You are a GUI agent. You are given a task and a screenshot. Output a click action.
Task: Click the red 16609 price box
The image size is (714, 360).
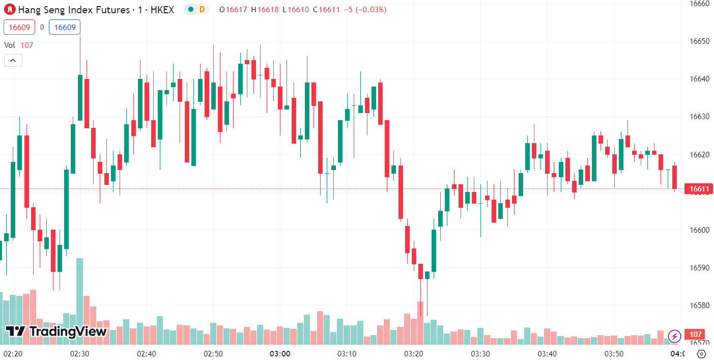[19, 27]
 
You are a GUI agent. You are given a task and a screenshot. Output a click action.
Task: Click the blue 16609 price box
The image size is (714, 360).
[65, 27]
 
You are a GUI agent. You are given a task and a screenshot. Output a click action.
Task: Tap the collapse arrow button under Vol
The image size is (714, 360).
[13, 60]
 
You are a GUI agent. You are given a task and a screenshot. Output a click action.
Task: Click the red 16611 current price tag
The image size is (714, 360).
[699, 189]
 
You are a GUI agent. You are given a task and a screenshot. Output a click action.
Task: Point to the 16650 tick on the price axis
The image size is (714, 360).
[699, 41]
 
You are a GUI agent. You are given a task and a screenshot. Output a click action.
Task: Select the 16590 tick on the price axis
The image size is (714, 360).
[699, 267]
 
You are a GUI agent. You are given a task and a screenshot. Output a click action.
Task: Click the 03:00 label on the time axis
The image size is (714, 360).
[280, 353]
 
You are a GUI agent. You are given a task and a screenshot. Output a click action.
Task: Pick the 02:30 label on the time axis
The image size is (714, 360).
[80, 353]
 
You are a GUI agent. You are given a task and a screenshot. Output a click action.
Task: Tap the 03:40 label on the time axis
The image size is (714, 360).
[547, 353]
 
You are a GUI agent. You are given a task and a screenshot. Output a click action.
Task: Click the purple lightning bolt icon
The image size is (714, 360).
[674, 336]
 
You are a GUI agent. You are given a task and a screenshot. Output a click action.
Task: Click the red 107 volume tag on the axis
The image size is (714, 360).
[695, 334]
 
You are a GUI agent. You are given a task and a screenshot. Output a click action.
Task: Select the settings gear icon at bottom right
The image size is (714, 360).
[701, 353]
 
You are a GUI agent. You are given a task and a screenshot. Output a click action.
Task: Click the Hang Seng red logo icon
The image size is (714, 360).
[10, 10]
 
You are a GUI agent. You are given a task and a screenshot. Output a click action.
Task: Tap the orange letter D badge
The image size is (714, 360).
[202, 10]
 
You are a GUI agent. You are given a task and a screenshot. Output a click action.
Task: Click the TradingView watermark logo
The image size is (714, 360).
[56, 331]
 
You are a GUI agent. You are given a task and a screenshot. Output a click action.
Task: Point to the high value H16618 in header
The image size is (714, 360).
[265, 10]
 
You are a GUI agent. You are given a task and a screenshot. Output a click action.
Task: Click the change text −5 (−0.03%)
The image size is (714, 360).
[365, 10]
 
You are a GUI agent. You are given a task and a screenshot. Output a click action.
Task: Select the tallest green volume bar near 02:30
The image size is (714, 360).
[80, 301]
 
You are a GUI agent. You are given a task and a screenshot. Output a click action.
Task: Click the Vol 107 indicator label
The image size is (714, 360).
[18, 45]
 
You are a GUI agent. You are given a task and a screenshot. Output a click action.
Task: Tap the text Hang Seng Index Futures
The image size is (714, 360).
[74, 10]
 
